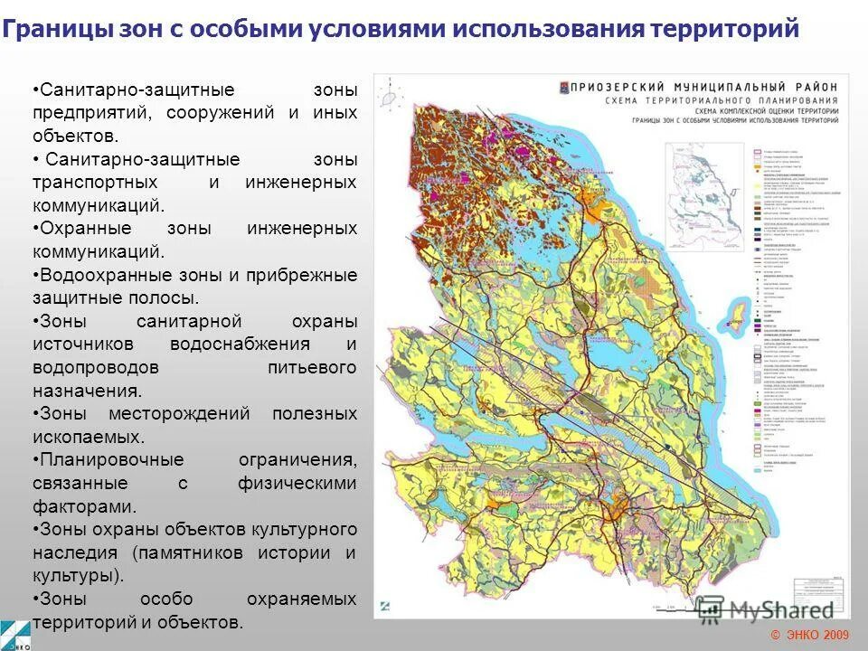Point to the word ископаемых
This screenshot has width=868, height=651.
coord(88,436)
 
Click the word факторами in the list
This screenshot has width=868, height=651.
coord(84,506)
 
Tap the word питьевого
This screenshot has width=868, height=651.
coord(312,368)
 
